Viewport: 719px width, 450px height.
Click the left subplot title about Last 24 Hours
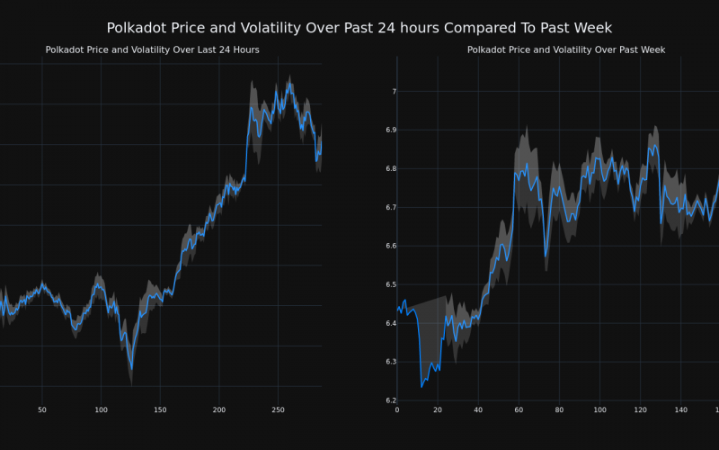tap(152, 50)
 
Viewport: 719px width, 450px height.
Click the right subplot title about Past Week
tap(566, 50)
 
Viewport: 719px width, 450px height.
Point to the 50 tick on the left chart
tap(42, 410)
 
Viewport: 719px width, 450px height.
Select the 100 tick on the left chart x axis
tap(101, 410)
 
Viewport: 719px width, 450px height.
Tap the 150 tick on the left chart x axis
tap(160, 410)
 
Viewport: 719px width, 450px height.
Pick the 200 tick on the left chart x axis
tap(219, 410)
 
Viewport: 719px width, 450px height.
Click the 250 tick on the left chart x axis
tap(278, 410)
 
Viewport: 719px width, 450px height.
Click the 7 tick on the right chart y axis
tap(393, 92)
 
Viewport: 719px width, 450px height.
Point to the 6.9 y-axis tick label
tap(388, 130)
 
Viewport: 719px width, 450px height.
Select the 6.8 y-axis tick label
tap(388, 169)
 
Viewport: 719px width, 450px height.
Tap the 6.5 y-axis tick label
tap(388, 284)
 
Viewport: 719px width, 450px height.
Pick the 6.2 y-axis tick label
tap(388, 400)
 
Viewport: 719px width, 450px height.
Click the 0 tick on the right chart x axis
tap(397, 410)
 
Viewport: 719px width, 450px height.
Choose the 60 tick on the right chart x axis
tap(519, 410)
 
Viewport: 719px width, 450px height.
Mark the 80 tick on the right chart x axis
tap(559, 410)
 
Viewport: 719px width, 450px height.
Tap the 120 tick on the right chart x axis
tap(640, 410)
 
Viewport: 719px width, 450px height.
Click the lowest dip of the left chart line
tap(131, 369)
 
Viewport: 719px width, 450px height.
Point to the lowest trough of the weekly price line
tap(422, 387)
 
